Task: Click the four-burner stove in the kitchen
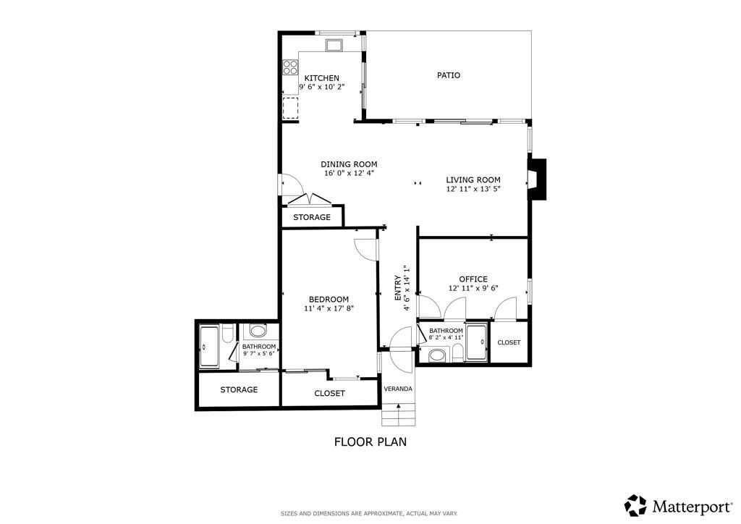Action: coord(290,67)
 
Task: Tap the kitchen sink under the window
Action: coord(334,46)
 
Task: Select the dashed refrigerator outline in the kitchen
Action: coord(291,107)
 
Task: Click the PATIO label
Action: coord(449,75)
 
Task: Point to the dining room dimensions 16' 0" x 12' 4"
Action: coord(349,173)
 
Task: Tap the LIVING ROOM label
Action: coord(473,180)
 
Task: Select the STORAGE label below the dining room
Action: coord(312,217)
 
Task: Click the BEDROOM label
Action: coord(329,300)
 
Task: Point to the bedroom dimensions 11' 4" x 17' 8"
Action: coord(329,308)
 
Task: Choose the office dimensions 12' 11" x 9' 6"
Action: coord(473,288)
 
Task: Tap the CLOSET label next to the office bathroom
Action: coord(509,342)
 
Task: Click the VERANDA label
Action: coord(398,389)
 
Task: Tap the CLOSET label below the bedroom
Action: coord(329,394)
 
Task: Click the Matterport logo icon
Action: coord(635,504)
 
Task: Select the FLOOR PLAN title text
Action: coord(370,441)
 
